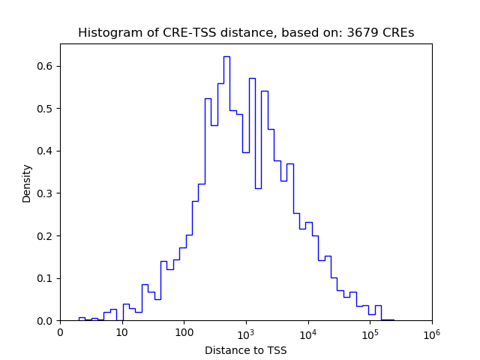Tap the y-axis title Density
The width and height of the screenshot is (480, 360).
27,183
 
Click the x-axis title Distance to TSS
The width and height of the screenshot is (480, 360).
246,350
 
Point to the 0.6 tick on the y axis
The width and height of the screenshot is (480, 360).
46,66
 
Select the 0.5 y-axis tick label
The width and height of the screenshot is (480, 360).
46,109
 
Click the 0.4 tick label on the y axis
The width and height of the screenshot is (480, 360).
46,151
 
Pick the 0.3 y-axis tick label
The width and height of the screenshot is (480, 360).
46,193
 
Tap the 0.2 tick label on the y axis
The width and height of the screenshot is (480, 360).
46,235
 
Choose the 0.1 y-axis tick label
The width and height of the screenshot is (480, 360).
46,278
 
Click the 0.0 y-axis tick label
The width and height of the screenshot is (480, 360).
46,321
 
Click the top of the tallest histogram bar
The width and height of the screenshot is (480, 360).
226,57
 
